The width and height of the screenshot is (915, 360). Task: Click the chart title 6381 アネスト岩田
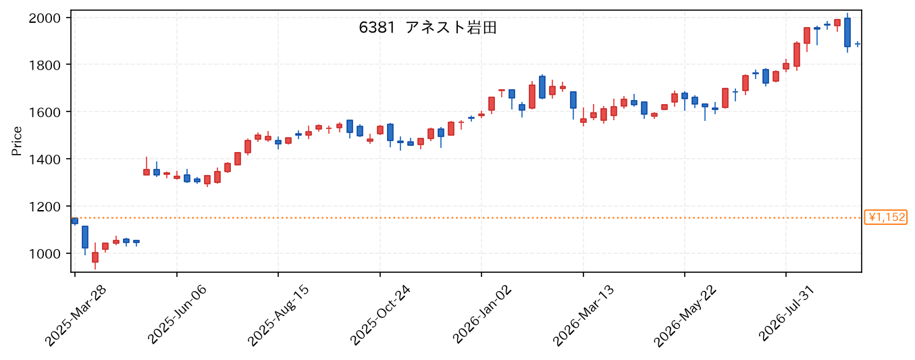(x=427, y=28)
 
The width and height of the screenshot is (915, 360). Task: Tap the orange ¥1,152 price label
(x=885, y=217)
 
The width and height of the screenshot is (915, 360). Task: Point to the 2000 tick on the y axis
(x=45, y=18)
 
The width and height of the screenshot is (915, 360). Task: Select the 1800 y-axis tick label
(x=45, y=65)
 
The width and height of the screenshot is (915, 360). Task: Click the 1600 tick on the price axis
(x=45, y=112)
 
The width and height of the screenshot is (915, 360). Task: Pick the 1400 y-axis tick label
(x=45, y=159)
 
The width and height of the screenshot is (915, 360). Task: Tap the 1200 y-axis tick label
(x=45, y=207)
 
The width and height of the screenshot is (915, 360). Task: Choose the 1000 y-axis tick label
(x=45, y=254)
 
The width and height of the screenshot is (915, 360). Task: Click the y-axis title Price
(x=17, y=141)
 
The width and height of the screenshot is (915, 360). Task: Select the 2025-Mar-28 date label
(x=76, y=316)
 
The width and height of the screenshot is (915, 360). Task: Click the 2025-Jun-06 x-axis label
(x=178, y=315)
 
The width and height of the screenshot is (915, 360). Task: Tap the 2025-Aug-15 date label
(x=279, y=316)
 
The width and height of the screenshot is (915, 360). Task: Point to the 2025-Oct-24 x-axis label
(x=380, y=315)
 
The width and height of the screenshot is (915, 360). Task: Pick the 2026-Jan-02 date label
(x=482, y=315)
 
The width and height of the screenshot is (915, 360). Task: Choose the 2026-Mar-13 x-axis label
(x=583, y=316)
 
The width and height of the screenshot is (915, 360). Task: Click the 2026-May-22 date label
(x=685, y=316)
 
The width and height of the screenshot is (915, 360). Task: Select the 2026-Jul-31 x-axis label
(x=787, y=313)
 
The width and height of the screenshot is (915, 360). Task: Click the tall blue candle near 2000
(x=847, y=32)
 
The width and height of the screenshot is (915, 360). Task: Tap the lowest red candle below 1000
(x=95, y=257)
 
